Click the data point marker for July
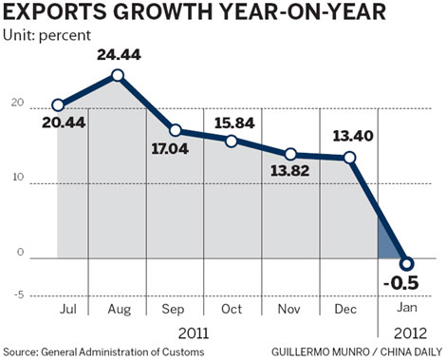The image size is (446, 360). click(x=58, y=104)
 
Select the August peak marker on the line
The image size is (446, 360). click(x=117, y=75)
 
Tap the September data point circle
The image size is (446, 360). click(x=175, y=130)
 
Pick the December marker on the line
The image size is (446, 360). click(x=350, y=158)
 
